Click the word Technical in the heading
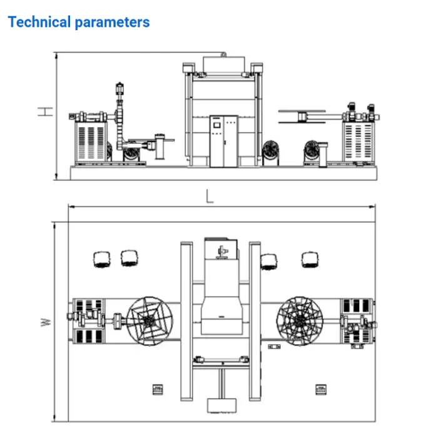[39, 22]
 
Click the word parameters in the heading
[112, 23]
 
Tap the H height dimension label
[45, 111]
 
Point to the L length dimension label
[210, 196]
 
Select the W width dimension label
[46, 322]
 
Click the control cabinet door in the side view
[224, 141]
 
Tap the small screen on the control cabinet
[217, 125]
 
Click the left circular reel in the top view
[150, 321]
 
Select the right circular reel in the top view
[300, 321]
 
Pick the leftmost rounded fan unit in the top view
[101, 259]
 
